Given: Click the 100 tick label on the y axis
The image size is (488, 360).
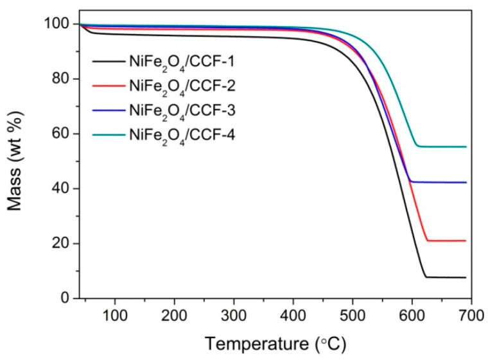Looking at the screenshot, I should [x=54, y=24].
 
